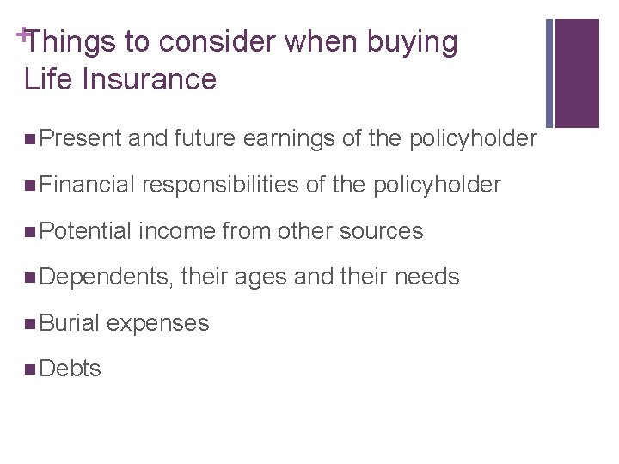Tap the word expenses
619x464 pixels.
tap(158, 323)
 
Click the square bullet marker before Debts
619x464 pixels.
tap(31, 369)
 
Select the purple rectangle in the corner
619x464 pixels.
tap(576, 73)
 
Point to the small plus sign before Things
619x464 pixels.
tap(21, 33)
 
